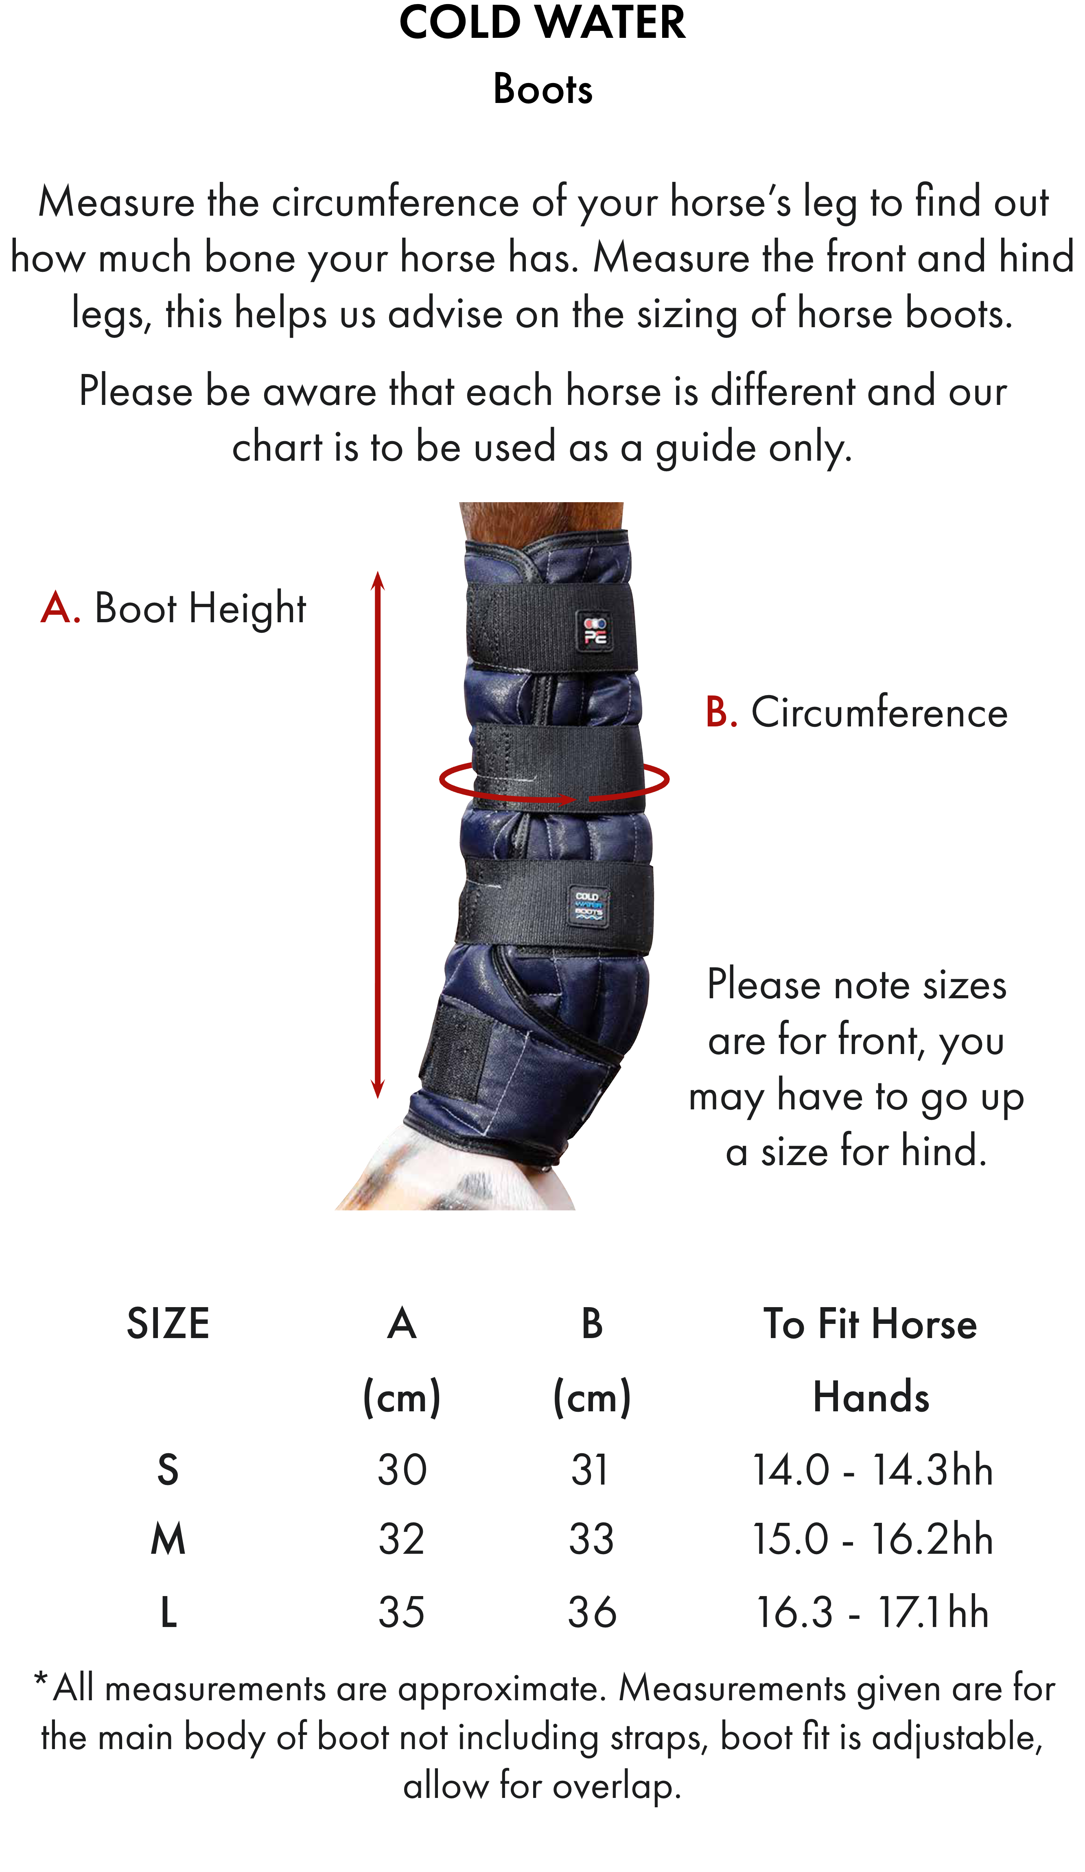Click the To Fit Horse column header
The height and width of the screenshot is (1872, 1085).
tap(871, 1324)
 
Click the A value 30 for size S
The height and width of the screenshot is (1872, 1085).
tap(402, 1470)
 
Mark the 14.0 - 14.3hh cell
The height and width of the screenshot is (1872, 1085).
tap(872, 1470)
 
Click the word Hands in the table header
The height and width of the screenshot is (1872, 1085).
tap(871, 1397)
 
